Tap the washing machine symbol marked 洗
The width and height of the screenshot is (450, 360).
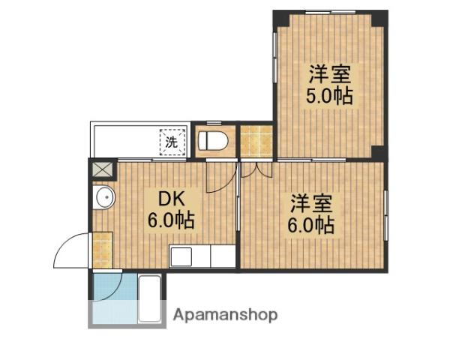click(171, 141)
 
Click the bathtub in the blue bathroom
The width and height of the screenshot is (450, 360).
click(149, 298)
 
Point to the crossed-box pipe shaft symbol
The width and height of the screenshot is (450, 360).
click(100, 168)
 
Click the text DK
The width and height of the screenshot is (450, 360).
click(170, 200)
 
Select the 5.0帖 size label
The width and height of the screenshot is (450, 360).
click(328, 95)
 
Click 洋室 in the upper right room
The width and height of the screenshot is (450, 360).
click(328, 75)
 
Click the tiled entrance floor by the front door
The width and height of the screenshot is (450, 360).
click(101, 250)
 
